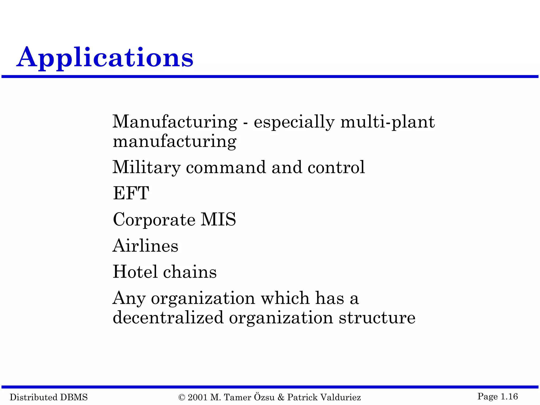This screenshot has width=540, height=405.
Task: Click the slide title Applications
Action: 105,57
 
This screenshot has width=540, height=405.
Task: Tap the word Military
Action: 146,167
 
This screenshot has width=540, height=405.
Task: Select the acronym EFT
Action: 131,193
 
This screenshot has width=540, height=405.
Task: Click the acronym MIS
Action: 218,219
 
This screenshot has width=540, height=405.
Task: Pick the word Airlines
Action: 145,246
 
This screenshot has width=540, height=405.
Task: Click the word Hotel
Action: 135,272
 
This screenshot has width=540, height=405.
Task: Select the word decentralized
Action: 168,317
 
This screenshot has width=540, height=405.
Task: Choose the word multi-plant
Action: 388,122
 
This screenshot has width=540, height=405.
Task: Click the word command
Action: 226,167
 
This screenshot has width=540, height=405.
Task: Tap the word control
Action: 336,167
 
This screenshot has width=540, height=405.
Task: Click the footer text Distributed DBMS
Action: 49,397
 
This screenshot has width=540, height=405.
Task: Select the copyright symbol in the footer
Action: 182,397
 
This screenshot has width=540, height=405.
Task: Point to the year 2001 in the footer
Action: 197,397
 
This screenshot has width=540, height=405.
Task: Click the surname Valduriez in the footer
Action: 342,397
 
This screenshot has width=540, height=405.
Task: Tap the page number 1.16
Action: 509,397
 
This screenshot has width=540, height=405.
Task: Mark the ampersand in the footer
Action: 281,397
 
